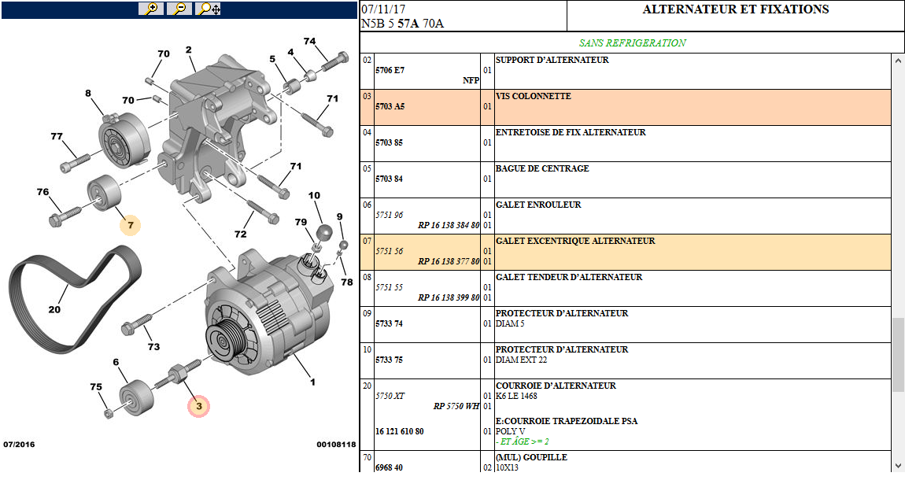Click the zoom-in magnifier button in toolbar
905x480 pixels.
click(150, 9)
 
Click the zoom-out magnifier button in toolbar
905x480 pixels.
click(179, 9)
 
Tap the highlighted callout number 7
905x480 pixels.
click(131, 226)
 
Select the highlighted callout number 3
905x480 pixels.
click(199, 406)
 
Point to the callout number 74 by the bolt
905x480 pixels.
click(309, 42)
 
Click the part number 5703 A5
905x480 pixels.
click(390, 106)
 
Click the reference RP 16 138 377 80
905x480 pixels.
click(448, 261)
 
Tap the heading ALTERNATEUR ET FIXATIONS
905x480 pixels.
click(735, 10)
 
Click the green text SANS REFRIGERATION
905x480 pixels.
click(632, 43)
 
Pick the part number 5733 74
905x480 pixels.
click(389, 323)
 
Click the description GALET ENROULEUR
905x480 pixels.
click(538, 205)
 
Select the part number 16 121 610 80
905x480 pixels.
click(399, 431)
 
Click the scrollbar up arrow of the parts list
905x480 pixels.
click(898, 61)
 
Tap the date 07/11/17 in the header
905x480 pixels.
click(383, 9)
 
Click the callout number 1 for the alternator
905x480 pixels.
click(312, 382)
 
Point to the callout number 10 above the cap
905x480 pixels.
click(314, 195)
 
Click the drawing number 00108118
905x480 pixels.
click(336, 445)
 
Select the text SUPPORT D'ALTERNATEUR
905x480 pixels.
click(552, 60)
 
